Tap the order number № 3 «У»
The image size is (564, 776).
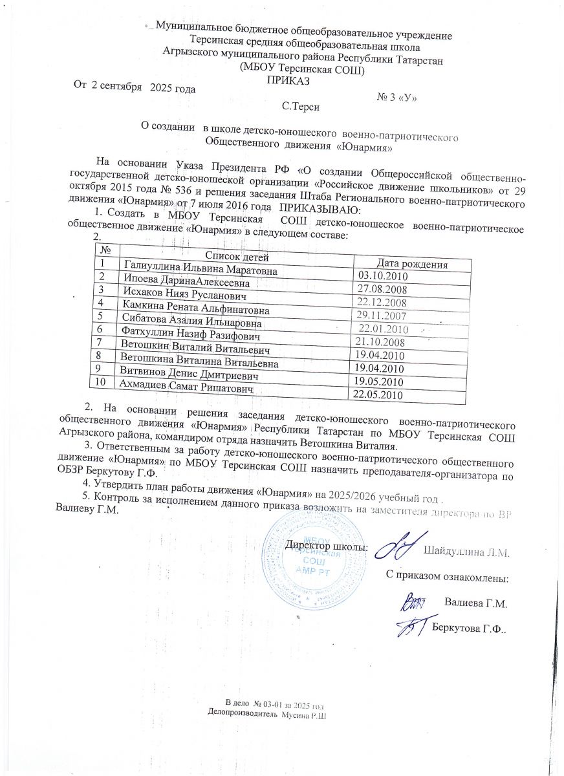pyautogui.click(x=396, y=98)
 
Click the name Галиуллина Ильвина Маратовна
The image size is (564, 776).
pyautogui.click(x=200, y=270)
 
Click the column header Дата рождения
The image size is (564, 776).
pyautogui.click(x=412, y=264)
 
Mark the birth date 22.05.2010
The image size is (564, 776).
pyautogui.click(x=376, y=394)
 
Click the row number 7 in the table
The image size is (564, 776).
pyautogui.click(x=99, y=341)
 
